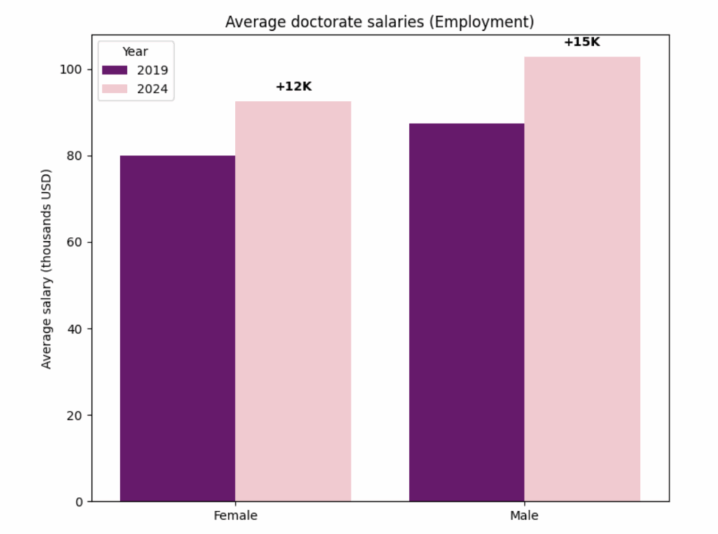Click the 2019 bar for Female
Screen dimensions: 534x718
177,328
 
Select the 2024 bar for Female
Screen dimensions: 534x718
293,301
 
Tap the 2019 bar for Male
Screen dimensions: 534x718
467,312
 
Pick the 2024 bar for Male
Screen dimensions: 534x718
582,279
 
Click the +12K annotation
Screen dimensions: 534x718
293,87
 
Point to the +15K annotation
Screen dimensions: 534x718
582,42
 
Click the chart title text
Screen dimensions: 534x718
379,22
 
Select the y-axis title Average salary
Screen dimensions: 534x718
47,268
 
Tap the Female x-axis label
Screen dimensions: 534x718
236,516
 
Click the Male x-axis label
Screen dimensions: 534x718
524,516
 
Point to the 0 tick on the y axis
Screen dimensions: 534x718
79,502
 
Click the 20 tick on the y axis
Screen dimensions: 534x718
76,416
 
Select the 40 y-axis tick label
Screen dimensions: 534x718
76,329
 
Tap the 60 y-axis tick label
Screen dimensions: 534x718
76,242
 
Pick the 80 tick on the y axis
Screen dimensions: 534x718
76,156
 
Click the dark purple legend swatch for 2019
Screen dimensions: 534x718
116,70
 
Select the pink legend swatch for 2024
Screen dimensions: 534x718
116,88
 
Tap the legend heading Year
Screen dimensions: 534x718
135,52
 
